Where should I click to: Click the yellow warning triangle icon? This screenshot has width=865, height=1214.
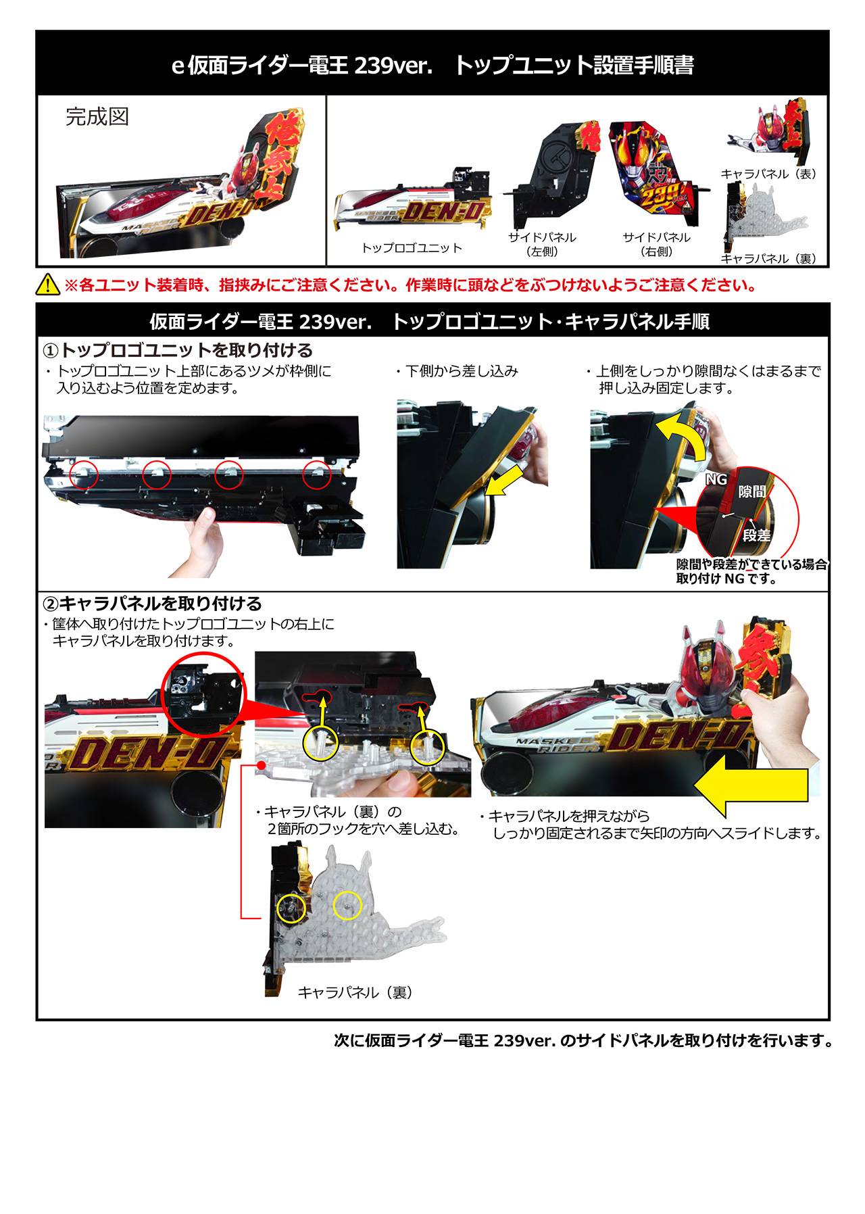(x=49, y=285)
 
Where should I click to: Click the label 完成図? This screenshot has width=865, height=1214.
(x=97, y=117)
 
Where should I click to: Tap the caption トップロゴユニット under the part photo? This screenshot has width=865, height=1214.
(x=412, y=248)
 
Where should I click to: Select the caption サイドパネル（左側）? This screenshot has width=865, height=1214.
(x=542, y=245)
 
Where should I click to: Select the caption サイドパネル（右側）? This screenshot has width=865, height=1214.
(x=656, y=245)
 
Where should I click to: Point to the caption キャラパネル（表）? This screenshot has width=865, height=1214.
(x=769, y=174)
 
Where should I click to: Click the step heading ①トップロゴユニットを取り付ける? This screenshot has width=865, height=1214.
(x=178, y=350)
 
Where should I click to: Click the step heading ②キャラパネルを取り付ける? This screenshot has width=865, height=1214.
(x=152, y=603)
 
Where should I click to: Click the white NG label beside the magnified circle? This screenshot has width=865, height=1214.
(x=716, y=479)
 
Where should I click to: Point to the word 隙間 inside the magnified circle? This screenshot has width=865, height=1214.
(x=751, y=491)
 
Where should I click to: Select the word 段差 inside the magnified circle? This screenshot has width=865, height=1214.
(x=756, y=535)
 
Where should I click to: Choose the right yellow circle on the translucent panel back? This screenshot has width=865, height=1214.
(x=348, y=905)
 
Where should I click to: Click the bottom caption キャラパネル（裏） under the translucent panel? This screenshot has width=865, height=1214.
(x=355, y=992)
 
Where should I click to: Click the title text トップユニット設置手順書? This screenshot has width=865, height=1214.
(x=574, y=66)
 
